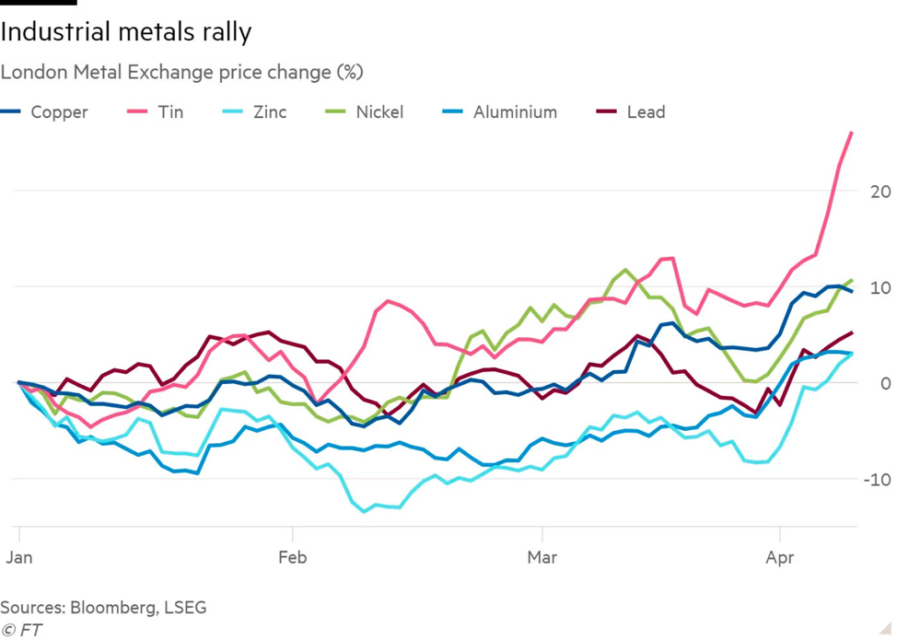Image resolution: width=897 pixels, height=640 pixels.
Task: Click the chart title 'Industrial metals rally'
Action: coord(126,32)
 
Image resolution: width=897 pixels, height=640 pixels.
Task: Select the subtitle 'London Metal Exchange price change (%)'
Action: coord(181,72)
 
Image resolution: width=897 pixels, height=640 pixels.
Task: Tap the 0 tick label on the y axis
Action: coord(885,383)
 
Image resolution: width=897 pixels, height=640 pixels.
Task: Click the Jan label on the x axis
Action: coord(18,558)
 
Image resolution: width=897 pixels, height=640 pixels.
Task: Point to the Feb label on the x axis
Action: coord(293,558)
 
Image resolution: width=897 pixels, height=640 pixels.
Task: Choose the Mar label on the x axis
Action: coord(542,558)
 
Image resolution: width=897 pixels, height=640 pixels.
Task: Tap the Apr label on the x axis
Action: coord(780,558)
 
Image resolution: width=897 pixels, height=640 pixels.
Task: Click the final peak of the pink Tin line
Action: coord(851,133)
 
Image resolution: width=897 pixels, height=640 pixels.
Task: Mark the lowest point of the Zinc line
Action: coord(365,511)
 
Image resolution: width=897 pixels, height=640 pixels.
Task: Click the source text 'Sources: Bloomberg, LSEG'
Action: coord(103,608)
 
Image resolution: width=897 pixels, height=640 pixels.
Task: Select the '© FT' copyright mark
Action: coord(21,631)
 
